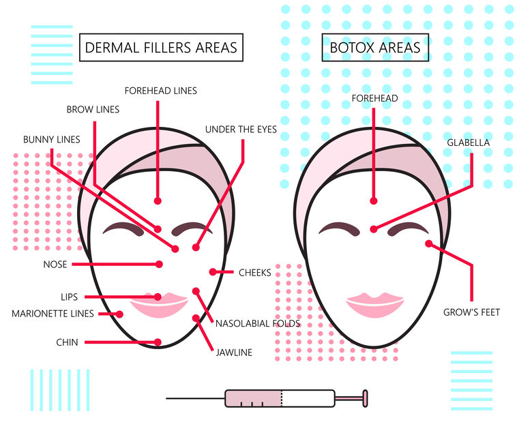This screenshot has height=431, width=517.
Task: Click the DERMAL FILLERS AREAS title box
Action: pyautogui.click(x=161, y=48)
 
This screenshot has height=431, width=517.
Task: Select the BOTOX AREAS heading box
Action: pyautogui.click(x=375, y=48)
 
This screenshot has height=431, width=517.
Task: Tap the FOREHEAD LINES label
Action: pyautogui.click(x=161, y=90)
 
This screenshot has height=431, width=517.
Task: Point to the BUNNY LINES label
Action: pyautogui.click(x=52, y=140)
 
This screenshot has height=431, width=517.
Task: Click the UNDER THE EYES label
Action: pyautogui.click(x=241, y=129)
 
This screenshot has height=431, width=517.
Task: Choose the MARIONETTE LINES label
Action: pyautogui.click(x=53, y=314)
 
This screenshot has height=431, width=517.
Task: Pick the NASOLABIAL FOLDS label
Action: pyautogui.click(x=258, y=323)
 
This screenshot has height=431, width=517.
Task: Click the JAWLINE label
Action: pyautogui.click(x=234, y=353)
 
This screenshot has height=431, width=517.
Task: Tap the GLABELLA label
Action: pyautogui.click(x=469, y=143)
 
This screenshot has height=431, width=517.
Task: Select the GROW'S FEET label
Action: pyautogui.click(x=472, y=312)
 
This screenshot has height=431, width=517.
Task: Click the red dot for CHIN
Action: pyautogui.click(x=158, y=342)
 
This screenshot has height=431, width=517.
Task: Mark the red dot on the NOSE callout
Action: pyautogui.click(x=159, y=264)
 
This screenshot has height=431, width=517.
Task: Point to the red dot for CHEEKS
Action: pyautogui.click(x=213, y=272)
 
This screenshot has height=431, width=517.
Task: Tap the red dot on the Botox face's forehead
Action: pyautogui.click(x=373, y=200)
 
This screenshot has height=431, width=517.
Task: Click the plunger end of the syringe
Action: pyautogui.click(x=365, y=397)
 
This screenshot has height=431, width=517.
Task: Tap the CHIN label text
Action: pyautogui.click(x=68, y=342)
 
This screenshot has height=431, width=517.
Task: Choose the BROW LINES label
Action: pyautogui.click(x=93, y=109)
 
